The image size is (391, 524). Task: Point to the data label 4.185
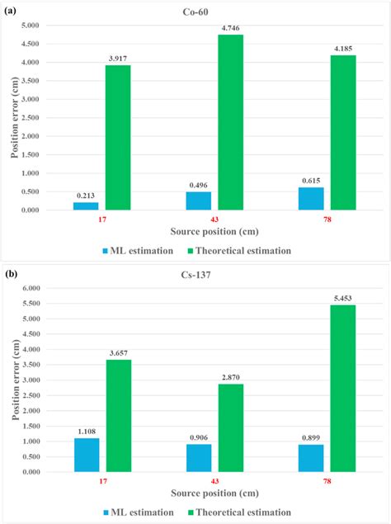click(x=347, y=48)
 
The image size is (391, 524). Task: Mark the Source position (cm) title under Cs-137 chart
click(x=209, y=494)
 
